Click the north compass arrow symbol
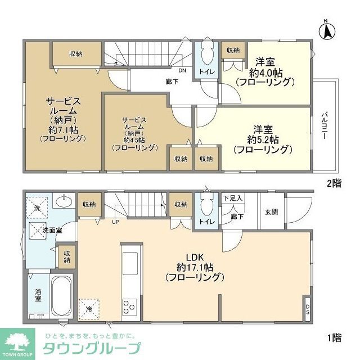pyautogui.click(x=326, y=30)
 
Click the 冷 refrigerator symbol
pyautogui.click(x=89, y=308)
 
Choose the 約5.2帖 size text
pyautogui.click(x=263, y=139)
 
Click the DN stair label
pyautogui.click(x=182, y=71)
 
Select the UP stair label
pyautogui.click(x=115, y=221)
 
